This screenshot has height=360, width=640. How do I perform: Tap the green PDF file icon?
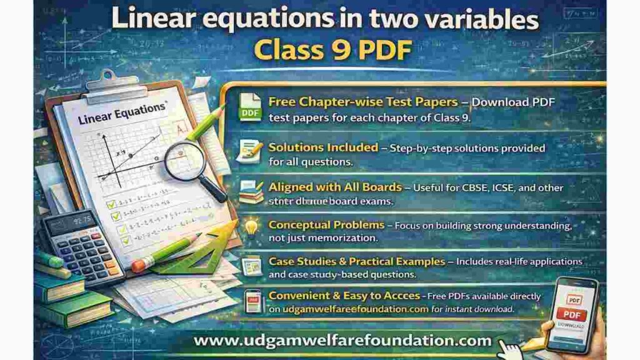[251, 107]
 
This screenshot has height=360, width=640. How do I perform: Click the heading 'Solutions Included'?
[323, 148]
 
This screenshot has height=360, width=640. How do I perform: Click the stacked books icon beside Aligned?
[251, 192]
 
